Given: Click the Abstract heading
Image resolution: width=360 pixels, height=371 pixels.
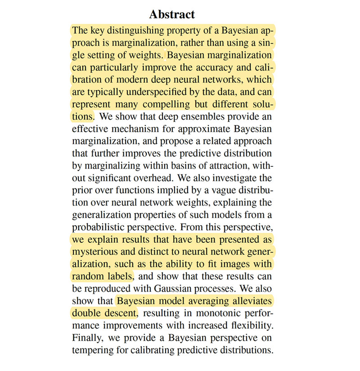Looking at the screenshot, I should (x=172, y=14).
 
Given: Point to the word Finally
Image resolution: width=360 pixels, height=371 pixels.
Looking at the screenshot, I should (x=87, y=337).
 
